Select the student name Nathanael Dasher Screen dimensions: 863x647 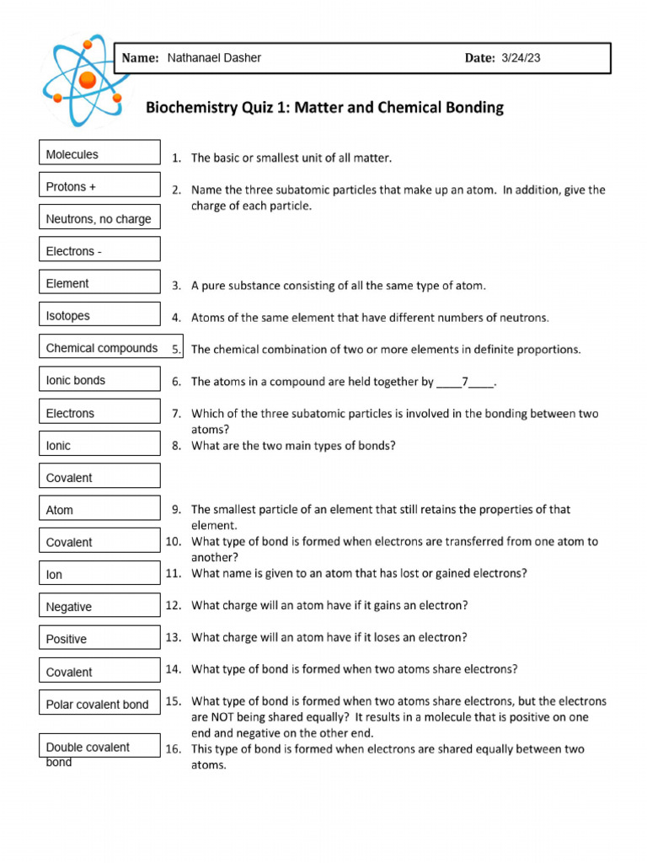(x=214, y=58)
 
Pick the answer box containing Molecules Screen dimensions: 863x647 (x=99, y=153)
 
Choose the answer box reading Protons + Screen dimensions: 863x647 (x=99, y=186)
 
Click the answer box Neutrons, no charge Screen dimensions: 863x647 (x=99, y=218)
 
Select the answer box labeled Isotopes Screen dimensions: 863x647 (x=99, y=315)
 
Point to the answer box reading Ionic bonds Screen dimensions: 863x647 (x=99, y=380)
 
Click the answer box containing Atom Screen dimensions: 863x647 (x=99, y=509)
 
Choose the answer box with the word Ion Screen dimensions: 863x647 (x=99, y=574)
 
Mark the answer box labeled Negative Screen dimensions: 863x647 (x=99, y=606)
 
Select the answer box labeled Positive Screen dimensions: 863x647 (x=99, y=639)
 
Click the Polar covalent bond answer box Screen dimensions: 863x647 (x=99, y=704)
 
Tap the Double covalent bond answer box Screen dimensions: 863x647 (x=99, y=747)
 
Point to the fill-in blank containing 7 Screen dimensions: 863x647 (x=465, y=382)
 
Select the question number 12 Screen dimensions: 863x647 (x=174, y=605)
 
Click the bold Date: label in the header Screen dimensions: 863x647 (x=479, y=58)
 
